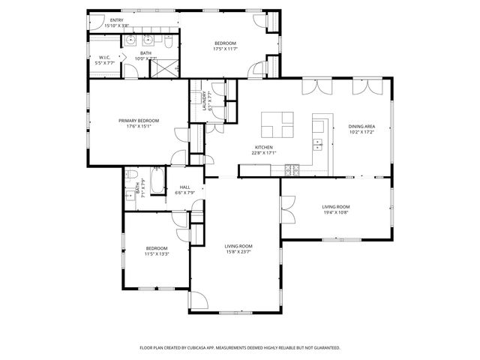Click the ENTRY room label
click(x=116, y=20)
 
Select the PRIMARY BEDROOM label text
click(x=135, y=120)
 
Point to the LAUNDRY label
click(x=203, y=100)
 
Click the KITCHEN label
click(x=263, y=147)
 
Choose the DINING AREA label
click(x=361, y=126)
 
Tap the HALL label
click(x=184, y=187)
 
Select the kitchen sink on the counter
click(x=318, y=144)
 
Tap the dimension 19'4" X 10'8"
click(x=335, y=212)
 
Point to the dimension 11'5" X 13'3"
click(x=157, y=253)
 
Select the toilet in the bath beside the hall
click(x=130, y=176)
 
